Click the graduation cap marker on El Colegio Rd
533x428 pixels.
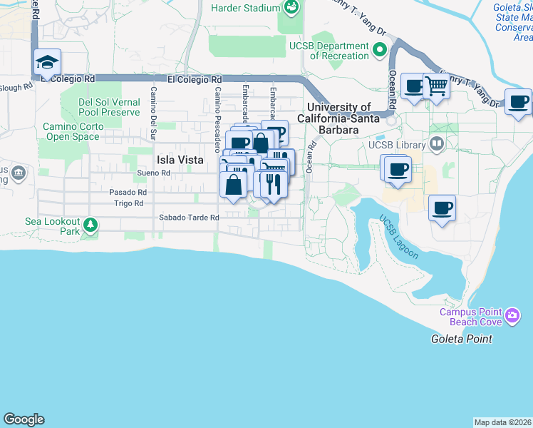(x=47, y=62)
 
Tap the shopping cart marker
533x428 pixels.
(x=436, y=86)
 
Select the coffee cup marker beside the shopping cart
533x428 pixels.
(x=413, y=86)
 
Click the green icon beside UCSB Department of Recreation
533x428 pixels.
(x=380, y=51)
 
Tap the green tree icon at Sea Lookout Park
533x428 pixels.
(x=90, y=225)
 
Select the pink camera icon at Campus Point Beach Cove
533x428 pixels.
(x=512, y=315)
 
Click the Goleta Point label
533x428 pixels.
(x=461, y=339)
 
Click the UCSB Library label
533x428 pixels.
(x=396, y=146)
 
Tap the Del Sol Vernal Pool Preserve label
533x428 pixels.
(x=109, y=107)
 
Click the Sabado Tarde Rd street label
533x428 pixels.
(x=189, y=218)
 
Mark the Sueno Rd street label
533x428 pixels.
(x=154, y=173)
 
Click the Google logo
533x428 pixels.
(x=24, y=419)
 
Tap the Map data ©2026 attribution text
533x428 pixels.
(x=502, y=422)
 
